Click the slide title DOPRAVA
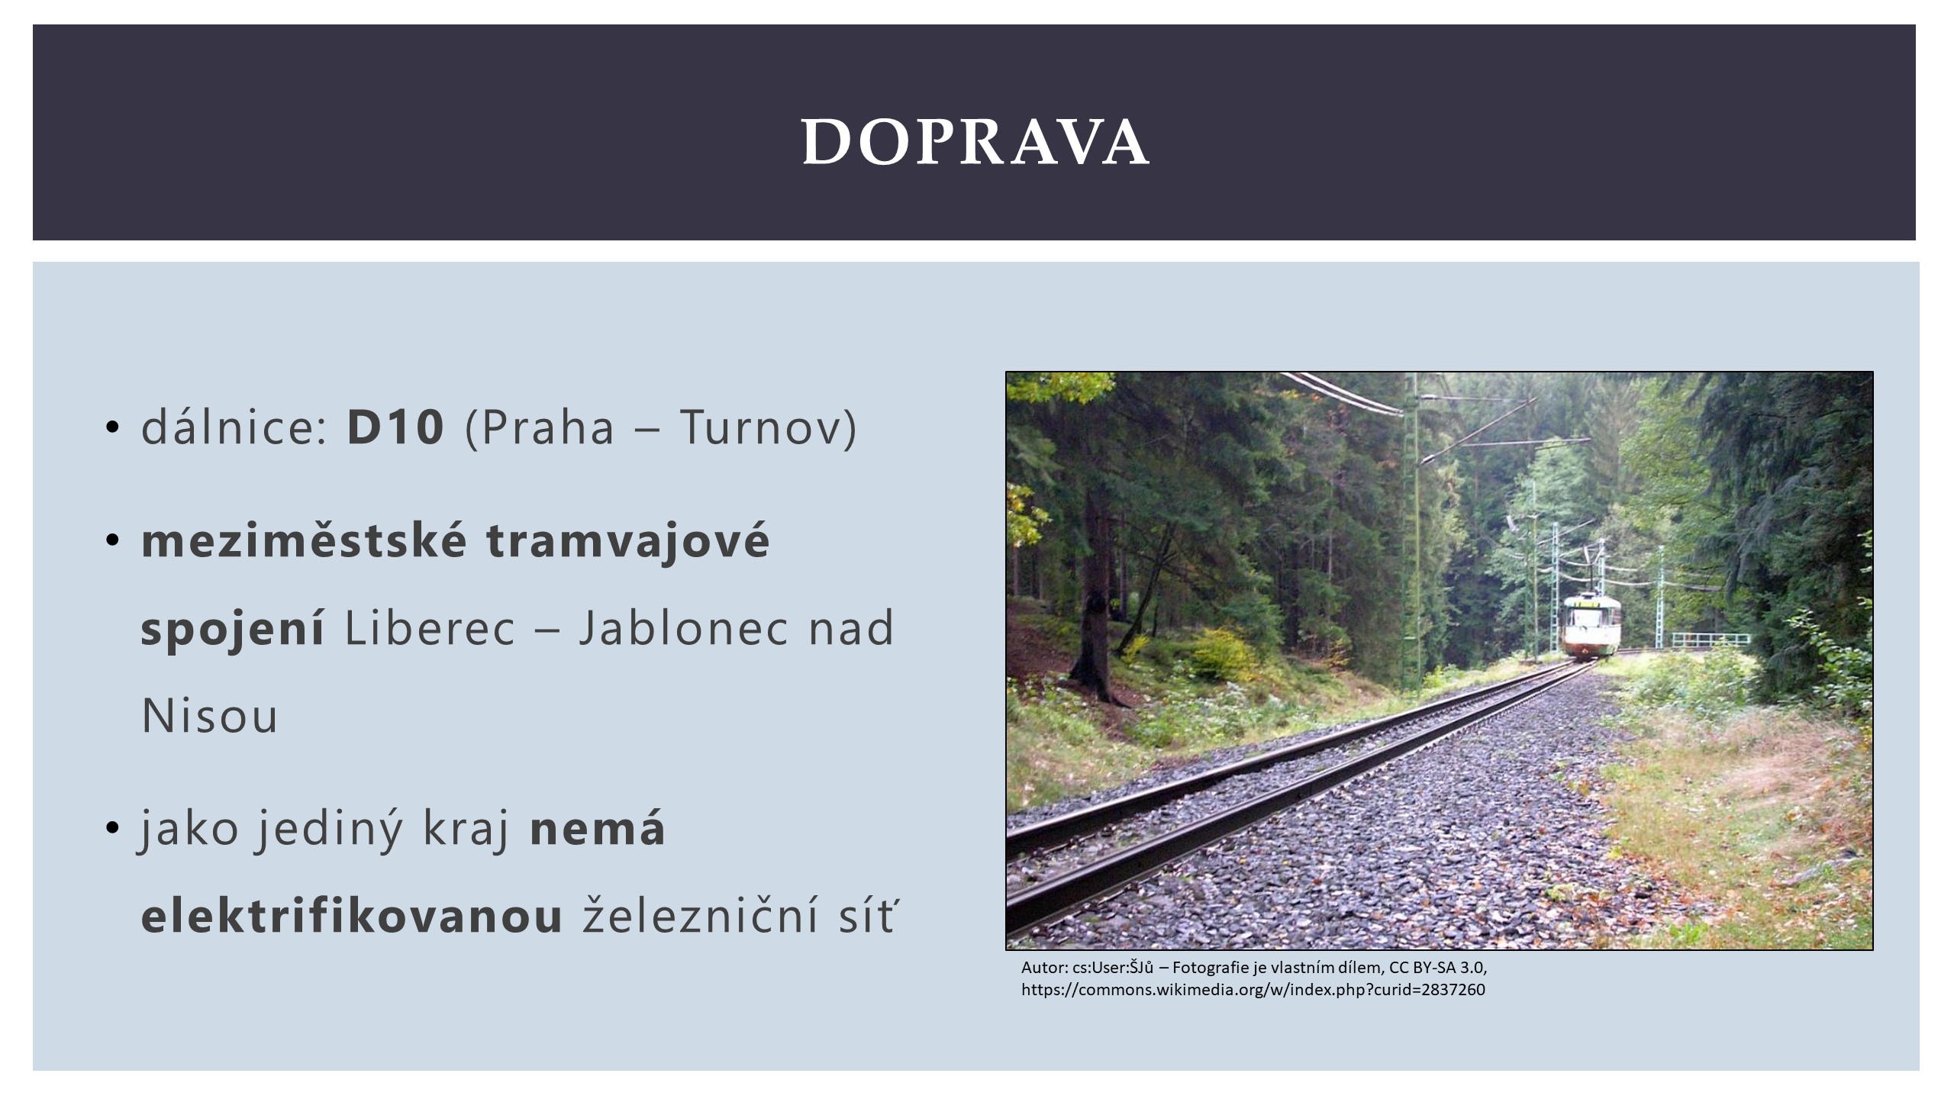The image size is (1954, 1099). (975, 142)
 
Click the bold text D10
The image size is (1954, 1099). (395, 427)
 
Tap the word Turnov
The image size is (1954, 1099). (759, 427)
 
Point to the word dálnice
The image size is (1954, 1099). (234, 427)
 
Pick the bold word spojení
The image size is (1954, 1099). (233, 630)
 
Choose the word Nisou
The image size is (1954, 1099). (210, 717)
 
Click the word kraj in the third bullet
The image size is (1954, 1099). (466, 830)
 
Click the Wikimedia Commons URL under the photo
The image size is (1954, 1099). (1253, 991)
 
